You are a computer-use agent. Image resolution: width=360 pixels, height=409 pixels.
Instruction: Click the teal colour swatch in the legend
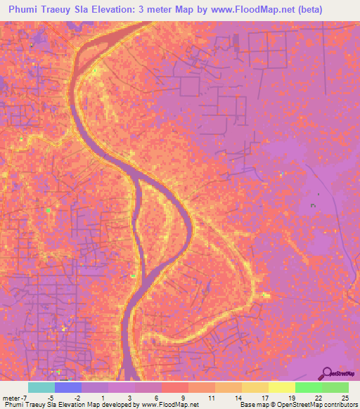41,387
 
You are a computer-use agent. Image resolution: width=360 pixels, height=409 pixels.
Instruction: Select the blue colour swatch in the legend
68,387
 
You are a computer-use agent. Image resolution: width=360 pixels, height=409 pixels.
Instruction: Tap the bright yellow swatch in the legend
281,387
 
